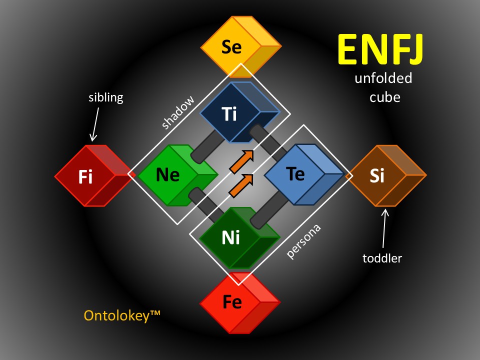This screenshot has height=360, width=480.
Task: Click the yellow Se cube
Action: (241, 46)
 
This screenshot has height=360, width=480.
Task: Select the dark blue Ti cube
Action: (239, 112)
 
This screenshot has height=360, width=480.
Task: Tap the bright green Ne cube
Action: (178, 175)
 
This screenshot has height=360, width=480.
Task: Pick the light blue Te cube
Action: (304, 174)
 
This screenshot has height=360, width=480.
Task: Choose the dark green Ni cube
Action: (239, 238)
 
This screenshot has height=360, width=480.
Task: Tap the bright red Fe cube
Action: (240, 302)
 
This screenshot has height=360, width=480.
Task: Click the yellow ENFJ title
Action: (381, 49)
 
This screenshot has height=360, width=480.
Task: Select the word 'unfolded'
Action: (383, 78)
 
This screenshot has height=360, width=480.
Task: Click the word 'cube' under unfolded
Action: (385, 97)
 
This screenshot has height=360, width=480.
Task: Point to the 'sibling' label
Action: (106, 98)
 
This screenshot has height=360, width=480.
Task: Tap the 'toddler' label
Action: (382, 258)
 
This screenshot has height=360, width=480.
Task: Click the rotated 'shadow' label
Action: (178, 112)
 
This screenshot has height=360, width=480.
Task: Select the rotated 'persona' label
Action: (303, 241)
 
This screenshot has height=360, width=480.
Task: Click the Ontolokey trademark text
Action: (122, 315)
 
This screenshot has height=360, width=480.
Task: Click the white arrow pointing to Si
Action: (384, 228)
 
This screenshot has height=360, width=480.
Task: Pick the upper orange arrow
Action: (241, 161)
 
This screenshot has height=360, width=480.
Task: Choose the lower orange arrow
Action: (241, 185)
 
